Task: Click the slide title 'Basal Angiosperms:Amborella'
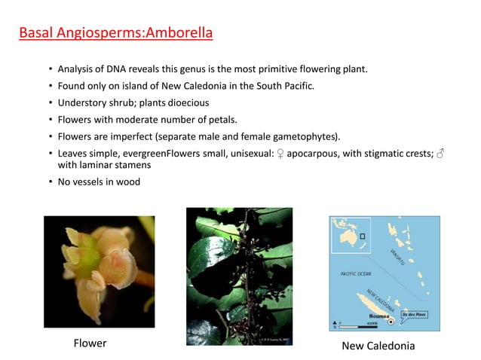(x=115, y=33)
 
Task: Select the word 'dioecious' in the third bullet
(x=186, y=102)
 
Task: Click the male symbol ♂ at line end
(x=441, y=153)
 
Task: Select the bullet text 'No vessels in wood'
(x=99, y=182)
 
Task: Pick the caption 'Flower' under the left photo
(x=90, y=343)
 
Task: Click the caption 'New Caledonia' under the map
(x=378, y=345)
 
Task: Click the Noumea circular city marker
(x=391, y=321)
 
